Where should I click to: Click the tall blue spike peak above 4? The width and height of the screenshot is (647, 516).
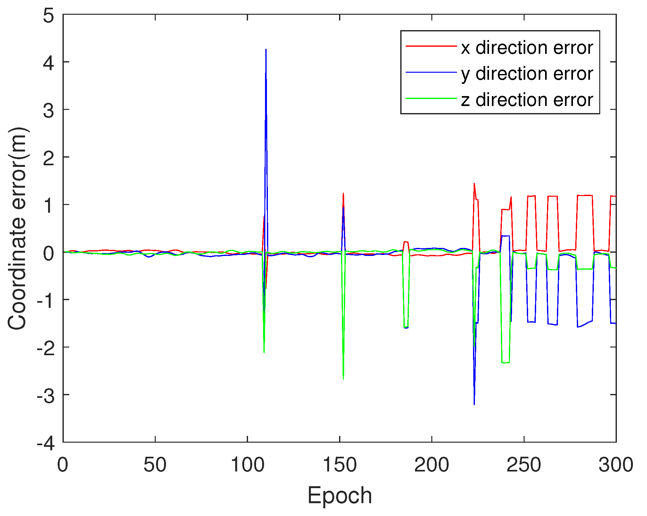point(266,50)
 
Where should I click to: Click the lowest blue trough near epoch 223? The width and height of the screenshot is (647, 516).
point(474,404)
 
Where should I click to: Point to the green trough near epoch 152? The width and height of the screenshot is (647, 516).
point(343,379)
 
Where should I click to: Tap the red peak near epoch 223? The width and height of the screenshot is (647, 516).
point(474,184)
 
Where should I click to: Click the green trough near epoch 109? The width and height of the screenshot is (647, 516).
point(264,352)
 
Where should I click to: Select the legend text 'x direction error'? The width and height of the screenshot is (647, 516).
point(527,48)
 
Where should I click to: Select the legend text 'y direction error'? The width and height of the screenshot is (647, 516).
point(527,74)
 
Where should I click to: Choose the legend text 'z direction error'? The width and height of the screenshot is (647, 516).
point(527,100)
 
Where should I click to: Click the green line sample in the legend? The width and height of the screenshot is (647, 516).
point(431,98)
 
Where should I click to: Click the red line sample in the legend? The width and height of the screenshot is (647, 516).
point(431,46)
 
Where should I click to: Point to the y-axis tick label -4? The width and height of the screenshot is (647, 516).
point(46,443)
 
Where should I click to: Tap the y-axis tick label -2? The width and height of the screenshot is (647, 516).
point(46,348)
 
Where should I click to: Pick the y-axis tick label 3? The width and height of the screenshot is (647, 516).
point(48,110)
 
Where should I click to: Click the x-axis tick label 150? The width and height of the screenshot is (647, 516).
point(339,465)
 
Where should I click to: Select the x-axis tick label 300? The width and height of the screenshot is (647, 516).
point(616,465)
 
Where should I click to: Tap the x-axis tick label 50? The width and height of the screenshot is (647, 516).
point(155,465)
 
